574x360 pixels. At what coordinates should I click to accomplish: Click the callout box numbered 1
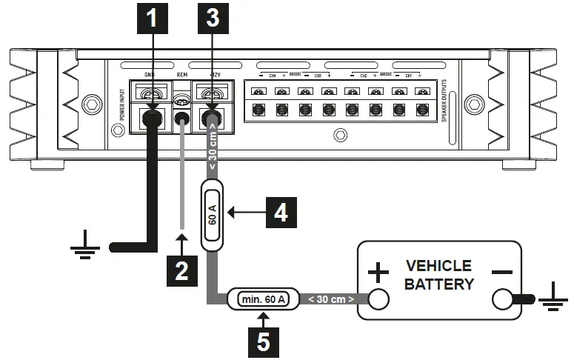(152, 19)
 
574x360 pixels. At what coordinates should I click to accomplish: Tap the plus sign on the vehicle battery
(378, 273)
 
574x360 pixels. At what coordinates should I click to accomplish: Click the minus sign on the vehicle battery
(501, 272)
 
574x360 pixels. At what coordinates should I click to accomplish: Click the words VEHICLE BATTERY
(438, 274)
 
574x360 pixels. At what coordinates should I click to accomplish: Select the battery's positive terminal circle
(378, 299)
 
